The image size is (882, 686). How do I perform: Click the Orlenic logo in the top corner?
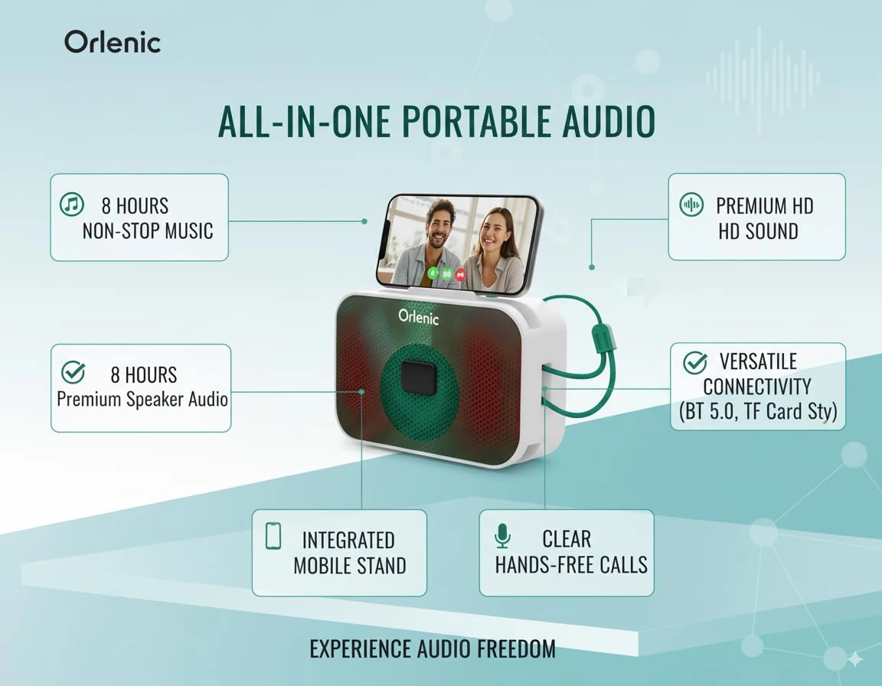tap(112, 42)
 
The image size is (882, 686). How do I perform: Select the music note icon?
tap(71, 204)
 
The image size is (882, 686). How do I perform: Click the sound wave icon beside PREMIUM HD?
tap(691, 204)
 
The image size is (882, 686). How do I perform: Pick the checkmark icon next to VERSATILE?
tap(694, 361)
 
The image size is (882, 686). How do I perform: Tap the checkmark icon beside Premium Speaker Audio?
tap(73, 373)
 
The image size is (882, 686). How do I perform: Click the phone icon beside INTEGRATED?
tap(273, 536)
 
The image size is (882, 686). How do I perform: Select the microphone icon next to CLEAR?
tap(502, 537)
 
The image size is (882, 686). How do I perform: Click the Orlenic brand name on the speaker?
tap(418, 316)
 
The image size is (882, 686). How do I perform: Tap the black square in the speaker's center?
tap(417, 377)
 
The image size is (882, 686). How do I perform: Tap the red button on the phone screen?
tap(460, 273)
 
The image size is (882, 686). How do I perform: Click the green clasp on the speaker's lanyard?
tap(603, 337)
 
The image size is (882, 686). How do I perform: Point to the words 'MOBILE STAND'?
tap(350, 566)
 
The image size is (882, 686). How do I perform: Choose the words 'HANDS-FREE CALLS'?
tap(571, 565)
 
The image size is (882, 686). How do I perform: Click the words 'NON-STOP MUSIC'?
tap(148, 230)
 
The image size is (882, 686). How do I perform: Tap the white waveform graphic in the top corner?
tap(762, 77)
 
